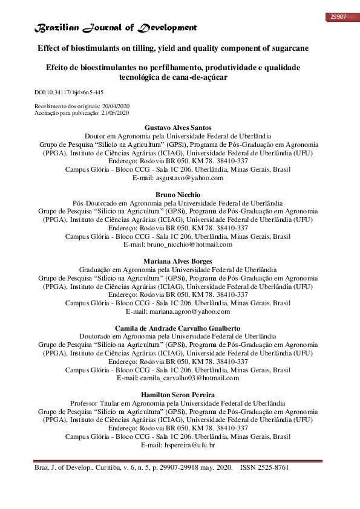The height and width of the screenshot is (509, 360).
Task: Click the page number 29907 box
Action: tap(337, 16)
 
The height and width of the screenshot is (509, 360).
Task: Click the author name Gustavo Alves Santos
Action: tap(178, 128)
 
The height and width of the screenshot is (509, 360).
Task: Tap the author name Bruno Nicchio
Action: tap(178, 195)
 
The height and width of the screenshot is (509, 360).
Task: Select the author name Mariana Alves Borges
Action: tap(178, 261)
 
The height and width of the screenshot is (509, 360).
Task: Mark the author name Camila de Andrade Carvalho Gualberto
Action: tap(178, 328)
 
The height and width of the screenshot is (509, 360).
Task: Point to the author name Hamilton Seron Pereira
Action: tap(178, 395)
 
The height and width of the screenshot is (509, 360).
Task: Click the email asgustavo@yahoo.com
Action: tap(191, 178)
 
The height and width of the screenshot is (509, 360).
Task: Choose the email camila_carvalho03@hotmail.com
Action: tap(191, 378)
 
